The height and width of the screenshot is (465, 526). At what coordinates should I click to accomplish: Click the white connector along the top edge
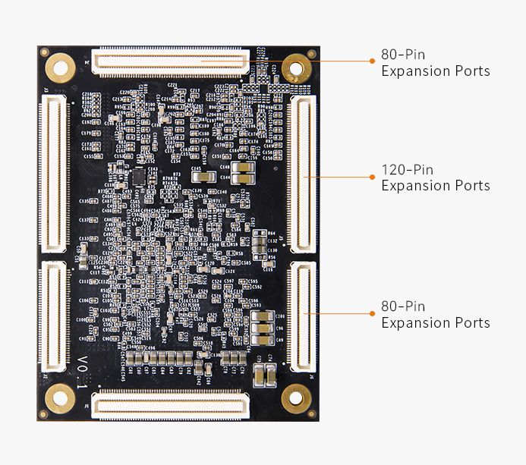point(170,61)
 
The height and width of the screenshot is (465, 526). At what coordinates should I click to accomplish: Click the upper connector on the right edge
point(304,175)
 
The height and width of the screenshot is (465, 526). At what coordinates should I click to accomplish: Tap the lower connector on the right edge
point(304,319)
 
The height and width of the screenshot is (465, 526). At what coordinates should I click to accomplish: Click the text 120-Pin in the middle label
point(407,170)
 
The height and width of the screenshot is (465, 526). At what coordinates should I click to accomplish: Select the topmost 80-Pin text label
point(403,55)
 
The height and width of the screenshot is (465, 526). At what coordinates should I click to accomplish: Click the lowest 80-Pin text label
point(403,306)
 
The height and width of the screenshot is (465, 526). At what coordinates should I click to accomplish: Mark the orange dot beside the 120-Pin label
point(372,177)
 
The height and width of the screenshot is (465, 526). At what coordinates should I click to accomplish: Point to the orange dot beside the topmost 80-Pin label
point(372,61)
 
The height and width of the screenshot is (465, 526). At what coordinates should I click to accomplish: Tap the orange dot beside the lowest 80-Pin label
point(372,313)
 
